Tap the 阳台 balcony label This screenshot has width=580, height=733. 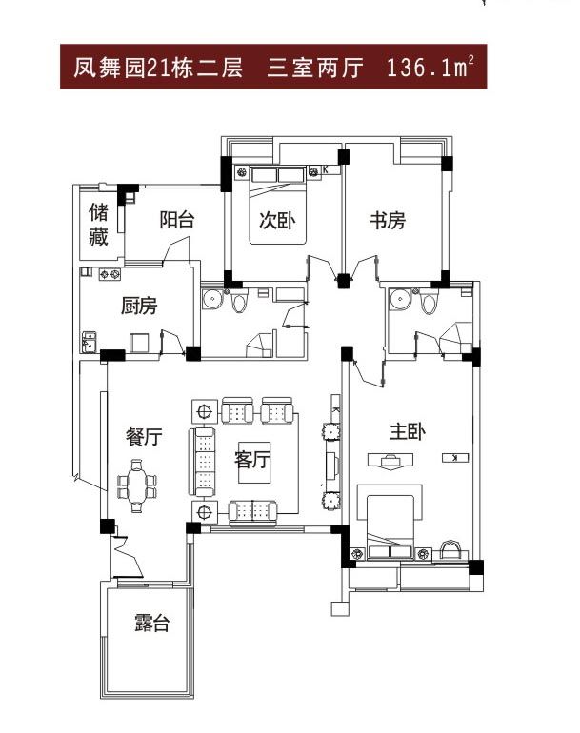point(176,220)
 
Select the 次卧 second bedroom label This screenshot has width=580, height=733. point(277,221)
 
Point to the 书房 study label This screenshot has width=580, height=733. point(388,221)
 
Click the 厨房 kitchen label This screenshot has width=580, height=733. point(139,306)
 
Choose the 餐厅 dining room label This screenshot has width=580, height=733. point(144,437)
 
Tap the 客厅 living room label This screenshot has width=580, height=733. point(252,460)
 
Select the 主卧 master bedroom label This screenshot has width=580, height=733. point(408,431)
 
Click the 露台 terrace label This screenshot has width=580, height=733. point(152,624)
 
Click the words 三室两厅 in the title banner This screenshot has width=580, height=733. point(315,68)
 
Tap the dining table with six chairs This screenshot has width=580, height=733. point(136,486)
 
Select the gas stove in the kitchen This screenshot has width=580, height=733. point(110,274)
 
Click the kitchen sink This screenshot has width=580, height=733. point(89,342)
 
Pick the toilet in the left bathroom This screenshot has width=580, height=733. point(239,301)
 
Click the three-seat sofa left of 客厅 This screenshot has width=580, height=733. point(202,462)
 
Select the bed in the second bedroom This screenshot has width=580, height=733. point(278,206)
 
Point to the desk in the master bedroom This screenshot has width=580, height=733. point(390,460)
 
